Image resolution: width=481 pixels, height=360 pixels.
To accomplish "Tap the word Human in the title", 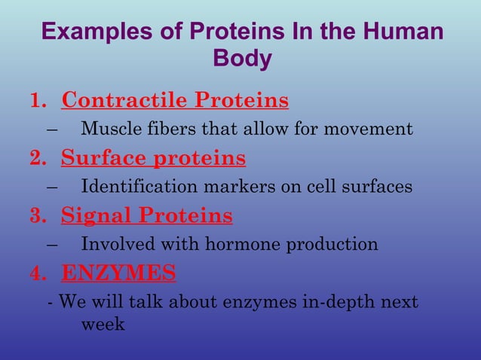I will (401, 33).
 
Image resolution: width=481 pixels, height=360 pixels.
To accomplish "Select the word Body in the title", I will (242, 59).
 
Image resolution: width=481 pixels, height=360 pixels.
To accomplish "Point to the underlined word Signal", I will (95, 216).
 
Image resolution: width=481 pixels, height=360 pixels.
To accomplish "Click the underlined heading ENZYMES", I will (118, 273).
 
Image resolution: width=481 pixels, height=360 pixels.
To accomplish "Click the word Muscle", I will (108, 129).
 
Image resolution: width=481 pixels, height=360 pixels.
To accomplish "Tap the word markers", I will (225, 186).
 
